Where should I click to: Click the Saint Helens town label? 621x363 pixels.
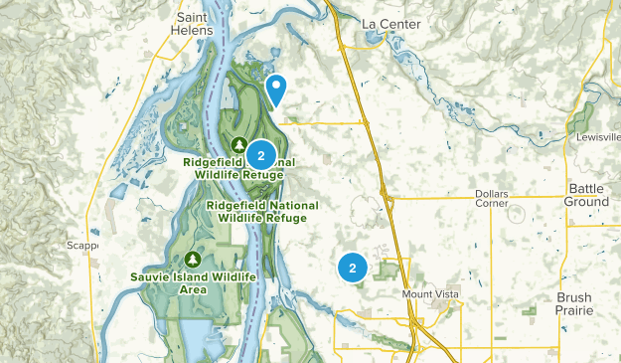(194, 24)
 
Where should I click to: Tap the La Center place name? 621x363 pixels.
(390, 24)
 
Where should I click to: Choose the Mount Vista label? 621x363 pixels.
(433, 295)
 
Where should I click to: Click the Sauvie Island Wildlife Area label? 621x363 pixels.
(193, 282)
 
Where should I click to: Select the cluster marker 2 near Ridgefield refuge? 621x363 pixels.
(260, 155)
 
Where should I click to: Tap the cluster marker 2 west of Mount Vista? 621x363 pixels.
(353, 267)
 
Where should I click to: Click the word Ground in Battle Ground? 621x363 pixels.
(588, 202)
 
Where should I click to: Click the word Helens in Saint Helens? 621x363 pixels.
(194, 31)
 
